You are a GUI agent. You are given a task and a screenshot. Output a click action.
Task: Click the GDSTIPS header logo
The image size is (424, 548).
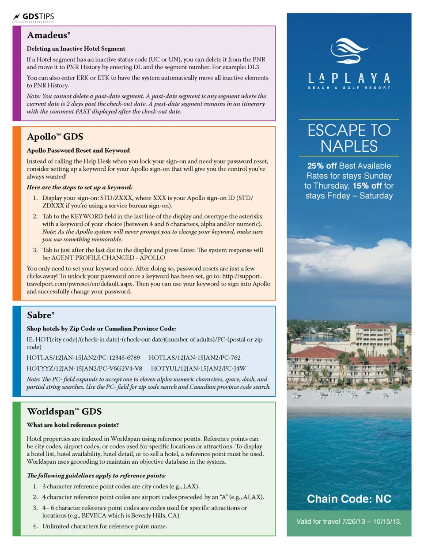point(34,17)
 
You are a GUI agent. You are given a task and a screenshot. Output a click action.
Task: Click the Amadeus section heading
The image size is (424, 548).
point(48,35)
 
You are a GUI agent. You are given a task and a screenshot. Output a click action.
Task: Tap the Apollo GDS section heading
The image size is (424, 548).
point(55,137)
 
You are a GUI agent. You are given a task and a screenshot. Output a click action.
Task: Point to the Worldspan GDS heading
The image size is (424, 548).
point(64,411)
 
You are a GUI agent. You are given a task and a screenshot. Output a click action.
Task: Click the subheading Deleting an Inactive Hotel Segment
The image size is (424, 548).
point(76,49)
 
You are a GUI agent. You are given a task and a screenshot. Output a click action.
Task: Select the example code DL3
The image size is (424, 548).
point(253,67)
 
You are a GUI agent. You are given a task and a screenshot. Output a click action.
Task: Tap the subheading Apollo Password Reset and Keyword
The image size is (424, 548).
point(78,150)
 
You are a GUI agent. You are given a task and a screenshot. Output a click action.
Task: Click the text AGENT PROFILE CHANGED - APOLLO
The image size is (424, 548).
point(108,258)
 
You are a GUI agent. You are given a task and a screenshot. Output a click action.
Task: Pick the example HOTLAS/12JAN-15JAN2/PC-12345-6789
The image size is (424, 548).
point(83,357)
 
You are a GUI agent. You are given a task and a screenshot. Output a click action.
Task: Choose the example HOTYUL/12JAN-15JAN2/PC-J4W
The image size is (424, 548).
point(198,368)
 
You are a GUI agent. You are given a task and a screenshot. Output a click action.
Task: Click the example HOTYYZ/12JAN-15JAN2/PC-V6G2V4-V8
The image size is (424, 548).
point(84,368)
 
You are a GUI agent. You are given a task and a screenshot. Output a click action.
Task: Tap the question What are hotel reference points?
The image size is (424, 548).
point(72,425)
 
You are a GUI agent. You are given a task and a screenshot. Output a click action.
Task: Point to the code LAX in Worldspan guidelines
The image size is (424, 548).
point(190,486)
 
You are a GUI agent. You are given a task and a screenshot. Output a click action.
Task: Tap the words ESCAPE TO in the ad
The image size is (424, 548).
point(349,130)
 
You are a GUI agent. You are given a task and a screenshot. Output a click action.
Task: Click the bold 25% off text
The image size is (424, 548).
point(322,166)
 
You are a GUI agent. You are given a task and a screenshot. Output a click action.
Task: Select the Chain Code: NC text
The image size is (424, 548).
point(349,499)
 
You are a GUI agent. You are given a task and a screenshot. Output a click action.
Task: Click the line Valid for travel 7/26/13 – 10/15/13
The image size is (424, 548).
point(349,522)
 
